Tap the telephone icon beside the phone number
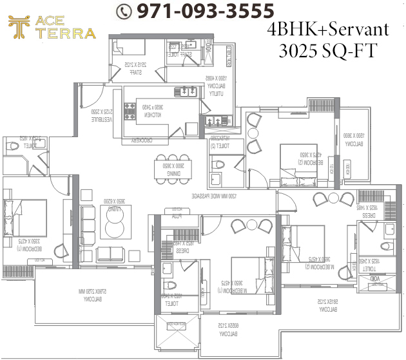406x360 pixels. [124, 11]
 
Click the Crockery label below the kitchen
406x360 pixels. [145, 139]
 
